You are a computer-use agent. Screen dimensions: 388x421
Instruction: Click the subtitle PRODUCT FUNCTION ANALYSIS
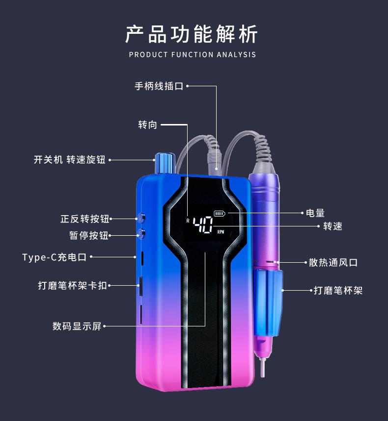click(x=192, y=54)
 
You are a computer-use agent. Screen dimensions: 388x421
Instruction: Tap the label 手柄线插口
click(x=159, y=86)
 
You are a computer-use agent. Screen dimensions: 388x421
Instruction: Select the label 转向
click(x=147, y=125)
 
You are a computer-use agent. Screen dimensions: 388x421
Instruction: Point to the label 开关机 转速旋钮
click(x=70, y=160)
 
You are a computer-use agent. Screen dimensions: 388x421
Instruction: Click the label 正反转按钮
click(x=84, y=219)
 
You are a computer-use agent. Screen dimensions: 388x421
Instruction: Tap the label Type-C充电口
click(x=54, y=257)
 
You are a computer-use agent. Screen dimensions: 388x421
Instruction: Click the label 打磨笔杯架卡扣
click(x=72, y=285)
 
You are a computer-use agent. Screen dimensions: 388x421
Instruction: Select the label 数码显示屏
click(x=77, y=326)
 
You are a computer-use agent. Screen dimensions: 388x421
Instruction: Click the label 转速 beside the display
click(x=333, y=226)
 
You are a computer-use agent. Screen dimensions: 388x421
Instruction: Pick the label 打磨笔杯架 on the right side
click(x=338, y=290)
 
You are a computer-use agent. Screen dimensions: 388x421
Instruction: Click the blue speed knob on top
click(x=163, y=163)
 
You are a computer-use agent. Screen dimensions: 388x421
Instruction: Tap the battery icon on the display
click(x=219, y=214)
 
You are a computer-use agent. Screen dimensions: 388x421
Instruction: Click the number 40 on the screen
click(x=203, y=225)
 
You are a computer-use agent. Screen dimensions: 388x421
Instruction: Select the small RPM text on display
click(x=220, y=231)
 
